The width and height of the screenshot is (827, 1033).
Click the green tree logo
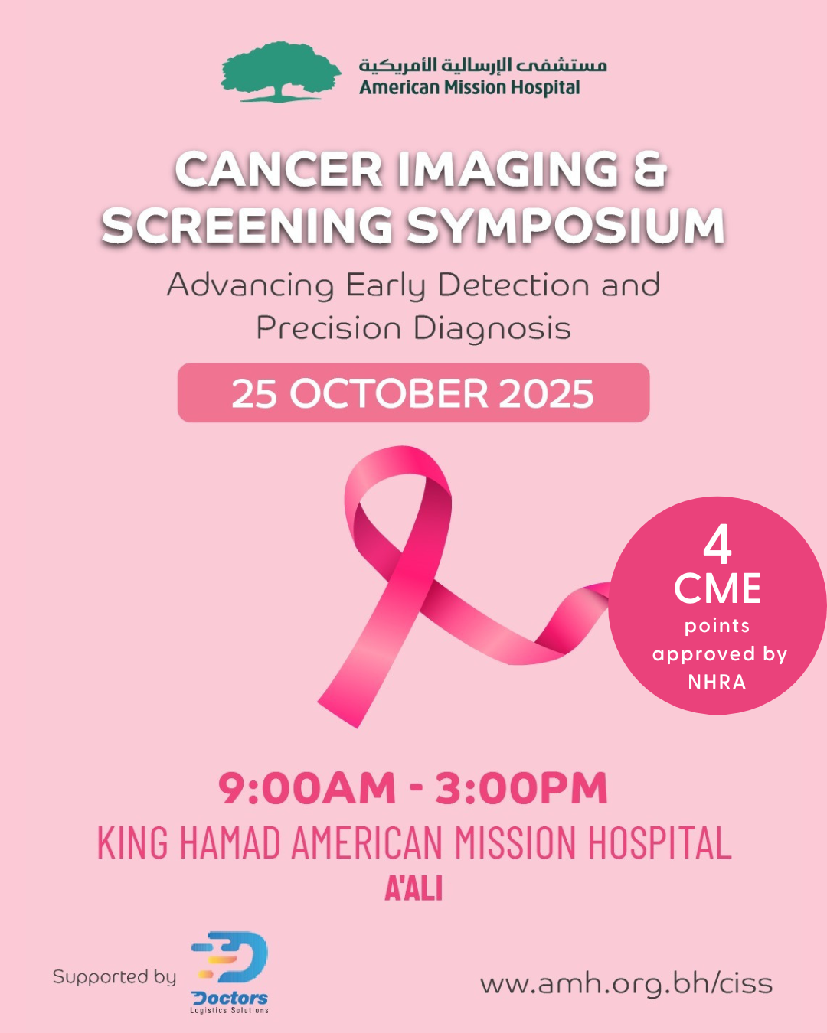[280, 71]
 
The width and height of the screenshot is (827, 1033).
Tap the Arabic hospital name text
[482, 64]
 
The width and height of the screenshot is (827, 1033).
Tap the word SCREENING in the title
[247, 226]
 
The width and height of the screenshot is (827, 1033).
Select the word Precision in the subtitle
[329, 329]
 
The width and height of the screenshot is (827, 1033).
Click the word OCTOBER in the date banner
[389, 394]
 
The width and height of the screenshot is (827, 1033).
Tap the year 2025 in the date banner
[546, 394]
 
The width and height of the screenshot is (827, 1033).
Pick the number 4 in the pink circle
[717, 546]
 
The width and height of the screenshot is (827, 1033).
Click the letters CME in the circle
[717, 588]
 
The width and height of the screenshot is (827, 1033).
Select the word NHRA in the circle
[717, 682]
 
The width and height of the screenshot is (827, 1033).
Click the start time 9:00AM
[307, 789]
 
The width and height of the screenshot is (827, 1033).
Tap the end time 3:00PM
[521, 789]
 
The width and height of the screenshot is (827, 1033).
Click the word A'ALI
[413, 889]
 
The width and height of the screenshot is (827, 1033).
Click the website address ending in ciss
[626, 983]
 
